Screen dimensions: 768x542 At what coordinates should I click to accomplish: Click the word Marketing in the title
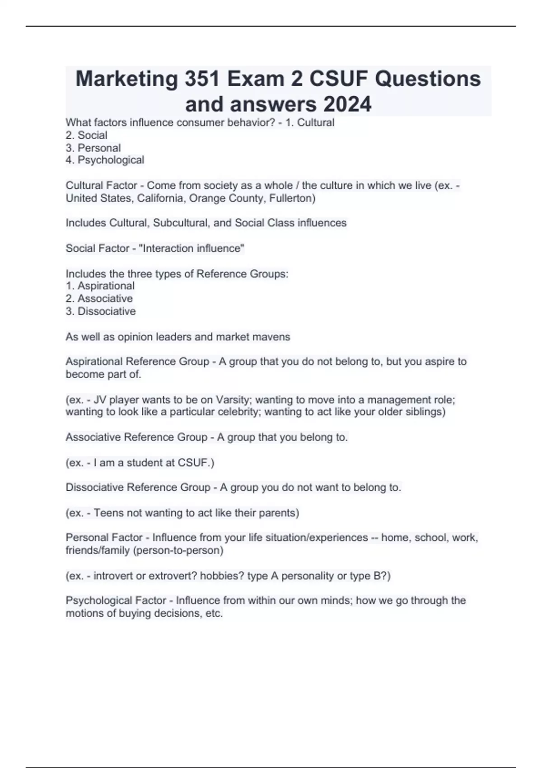[x=126, y=79]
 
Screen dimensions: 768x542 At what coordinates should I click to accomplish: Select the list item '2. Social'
[x=86, y=135]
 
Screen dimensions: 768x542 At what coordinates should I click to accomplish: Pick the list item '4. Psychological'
[x=105, y=160]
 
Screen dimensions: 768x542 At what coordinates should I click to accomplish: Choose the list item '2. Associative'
[x=99, y=299]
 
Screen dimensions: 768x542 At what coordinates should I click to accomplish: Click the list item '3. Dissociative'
[x=100, y=311]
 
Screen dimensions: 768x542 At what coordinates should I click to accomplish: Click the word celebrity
[x=238, y=412]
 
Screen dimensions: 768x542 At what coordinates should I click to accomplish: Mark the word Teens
[x=107, y=513]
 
